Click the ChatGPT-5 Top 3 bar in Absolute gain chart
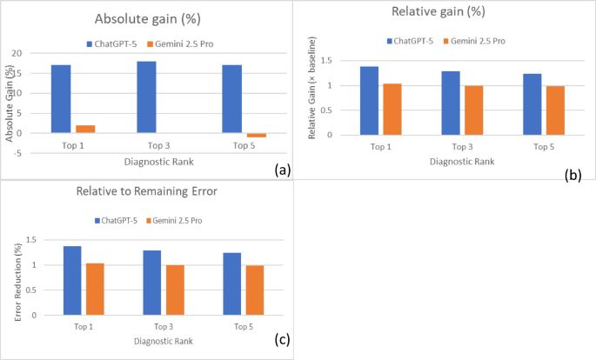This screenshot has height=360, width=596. click(146, 97)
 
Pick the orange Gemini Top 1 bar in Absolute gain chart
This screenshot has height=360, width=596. click(85, 129)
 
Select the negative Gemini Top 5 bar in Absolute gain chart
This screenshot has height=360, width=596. click(257, 135)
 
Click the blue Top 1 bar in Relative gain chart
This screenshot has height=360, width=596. click(370, 100)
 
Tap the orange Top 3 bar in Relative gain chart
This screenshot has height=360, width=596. click(473, 110)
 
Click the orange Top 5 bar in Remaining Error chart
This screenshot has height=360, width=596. click(254, 290)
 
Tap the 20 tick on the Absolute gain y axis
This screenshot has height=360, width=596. click(38, 53)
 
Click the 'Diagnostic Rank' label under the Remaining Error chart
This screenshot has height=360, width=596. click(156, 342)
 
